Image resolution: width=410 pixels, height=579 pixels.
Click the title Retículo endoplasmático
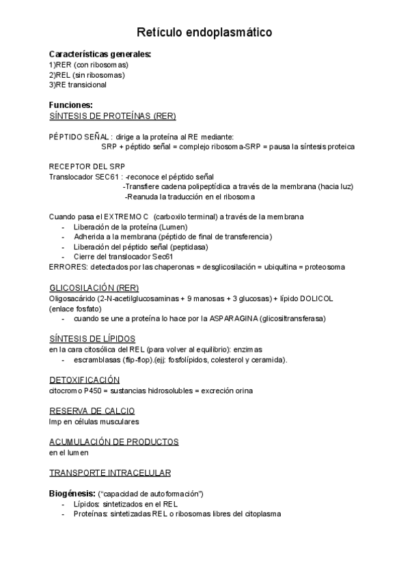tap(204, 32)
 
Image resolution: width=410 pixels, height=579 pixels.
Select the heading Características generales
tap(100, 54)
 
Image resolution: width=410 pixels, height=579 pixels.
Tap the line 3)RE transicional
tap(77, 85)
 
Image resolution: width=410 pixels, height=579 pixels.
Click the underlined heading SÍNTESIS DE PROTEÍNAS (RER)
tap(112, 115)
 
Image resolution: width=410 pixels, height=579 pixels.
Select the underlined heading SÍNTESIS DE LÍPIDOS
tap(92, 339)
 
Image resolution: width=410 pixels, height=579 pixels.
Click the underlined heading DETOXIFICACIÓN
tap(84, 380)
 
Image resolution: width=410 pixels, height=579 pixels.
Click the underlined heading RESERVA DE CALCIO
tap(92, 410)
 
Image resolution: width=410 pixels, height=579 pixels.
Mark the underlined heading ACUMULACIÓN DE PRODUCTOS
tap(113, 442)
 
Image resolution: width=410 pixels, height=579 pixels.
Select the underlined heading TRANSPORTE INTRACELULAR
tap(109, 472)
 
